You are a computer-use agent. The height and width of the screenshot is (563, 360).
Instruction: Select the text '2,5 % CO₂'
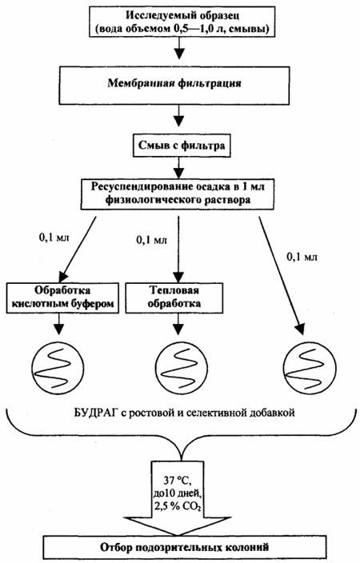coord(177,507)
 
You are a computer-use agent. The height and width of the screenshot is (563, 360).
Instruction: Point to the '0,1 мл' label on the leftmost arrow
coord(54,238)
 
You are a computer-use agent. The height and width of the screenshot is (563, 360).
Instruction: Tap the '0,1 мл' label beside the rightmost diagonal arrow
coord(302,257)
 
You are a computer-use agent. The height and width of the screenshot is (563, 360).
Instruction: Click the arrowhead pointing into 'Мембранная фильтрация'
coord(178,54)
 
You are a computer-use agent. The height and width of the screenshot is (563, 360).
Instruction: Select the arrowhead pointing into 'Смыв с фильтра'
coord(178,121)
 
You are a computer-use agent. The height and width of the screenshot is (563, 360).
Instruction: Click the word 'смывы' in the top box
coord(254,29)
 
